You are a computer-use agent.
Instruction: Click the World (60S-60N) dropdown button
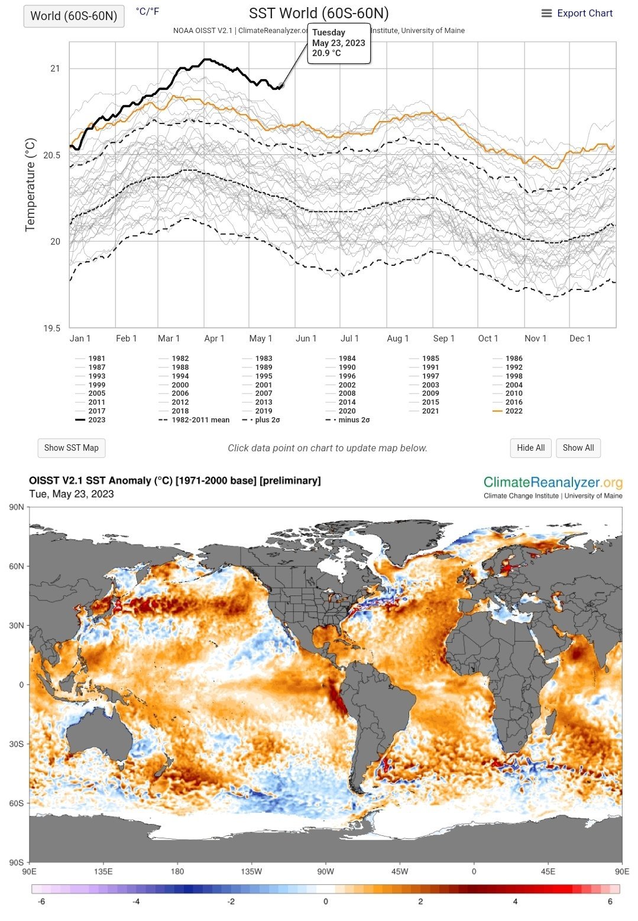tap(74, 16)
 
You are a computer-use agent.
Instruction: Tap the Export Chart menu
tap(577, 14)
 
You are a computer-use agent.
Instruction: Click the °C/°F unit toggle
tap(147, 11)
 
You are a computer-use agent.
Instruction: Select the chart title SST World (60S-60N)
tap(319, 14)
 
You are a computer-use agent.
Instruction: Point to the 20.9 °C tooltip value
tap(326, 53)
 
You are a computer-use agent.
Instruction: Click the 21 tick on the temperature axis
tap(55, 69)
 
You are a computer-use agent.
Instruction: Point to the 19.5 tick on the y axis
tap(51, 328)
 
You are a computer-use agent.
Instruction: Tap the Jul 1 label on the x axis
tap(349, 339)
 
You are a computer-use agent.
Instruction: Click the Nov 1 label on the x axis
tap(535, 339)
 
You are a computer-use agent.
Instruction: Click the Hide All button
tap(530, 448)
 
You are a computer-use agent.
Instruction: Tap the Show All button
tap(578, 448)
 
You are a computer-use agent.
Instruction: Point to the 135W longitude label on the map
tap(251, 871)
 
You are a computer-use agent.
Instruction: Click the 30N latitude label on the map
tap(17, 626)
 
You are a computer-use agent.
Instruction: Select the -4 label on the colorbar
tap(136, 902)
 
